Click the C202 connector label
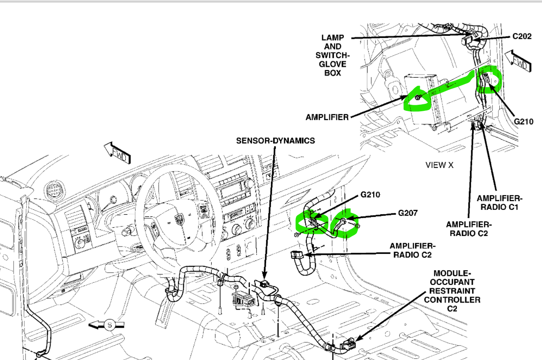pyautogui.click(x=521, y=36)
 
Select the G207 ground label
pyautogui.click(x=408, y=213)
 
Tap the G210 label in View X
pyautogui.click(x=523, y=122)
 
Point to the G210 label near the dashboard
pyautogui.click(x=370, y=195)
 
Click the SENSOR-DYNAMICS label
pyautogui.click(x=275, y=141)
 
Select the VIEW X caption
pyautogui.click(x=439, y=165)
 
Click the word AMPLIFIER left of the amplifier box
pyautogui.click(x=327, y=117)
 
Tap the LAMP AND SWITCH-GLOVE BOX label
pyautogui.click(x=333, y=55)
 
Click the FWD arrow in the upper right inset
pyautogui.click(x=518, y=62)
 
